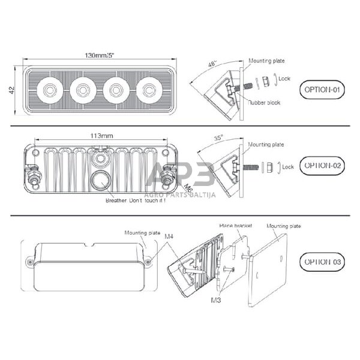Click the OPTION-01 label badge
pos(322,91)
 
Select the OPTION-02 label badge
pos(322,164)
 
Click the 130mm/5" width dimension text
pos(100,56)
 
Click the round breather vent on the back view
pos(100,181)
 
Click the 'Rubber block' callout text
pos(265,103)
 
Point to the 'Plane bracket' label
pos(236,226)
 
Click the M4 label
pos(170,237)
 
